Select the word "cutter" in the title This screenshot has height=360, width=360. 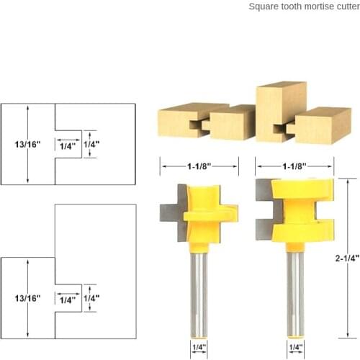click(343, 6)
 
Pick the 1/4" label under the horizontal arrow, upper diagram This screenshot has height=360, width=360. click(68, 145)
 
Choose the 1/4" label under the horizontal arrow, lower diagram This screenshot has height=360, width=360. click(68, 299)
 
